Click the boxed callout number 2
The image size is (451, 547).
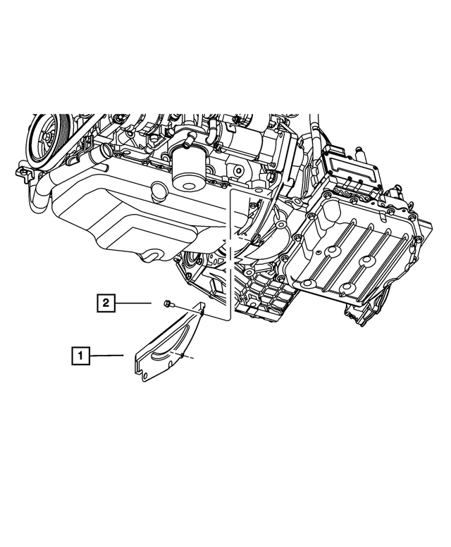coord(105,303)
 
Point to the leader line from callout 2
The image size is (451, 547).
coord(133,303)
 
